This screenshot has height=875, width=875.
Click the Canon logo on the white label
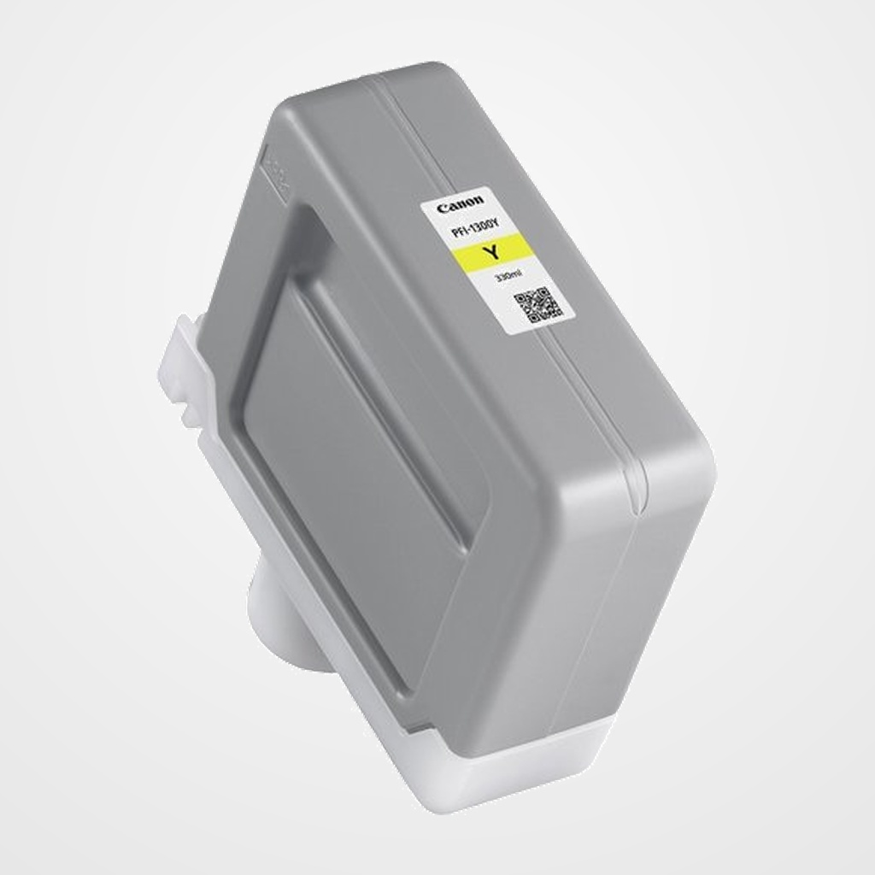pyautogui.click(x=460, y=205)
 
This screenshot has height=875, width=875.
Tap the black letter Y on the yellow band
pyautogui.click(x=490, y=253)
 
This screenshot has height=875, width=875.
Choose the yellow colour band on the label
pyautogui.click(x=492, y=254)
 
